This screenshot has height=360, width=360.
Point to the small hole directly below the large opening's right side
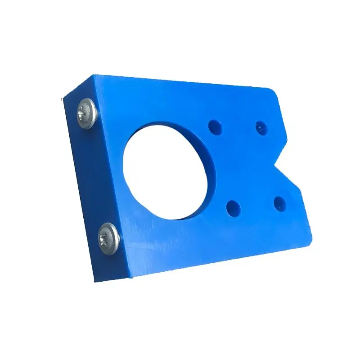pyautogui.click(x=234, y=207)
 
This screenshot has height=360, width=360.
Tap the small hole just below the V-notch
pyautogui.click(x=279, y=204)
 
